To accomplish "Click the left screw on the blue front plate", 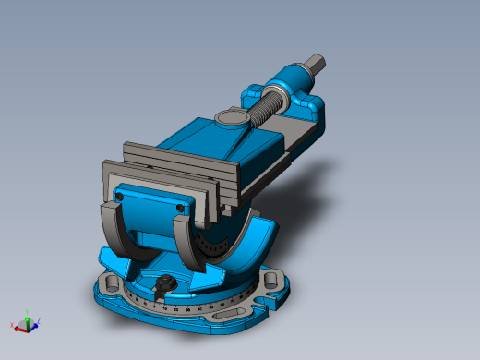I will (x=121, y=197).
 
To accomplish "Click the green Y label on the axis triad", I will (x=28, y=312).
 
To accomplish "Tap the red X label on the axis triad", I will (x=12, y=325).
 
